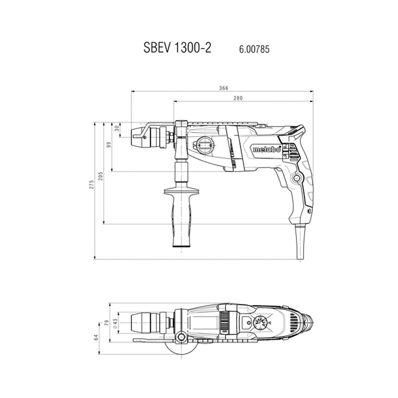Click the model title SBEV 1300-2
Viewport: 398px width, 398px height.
177,48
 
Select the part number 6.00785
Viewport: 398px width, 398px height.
254,49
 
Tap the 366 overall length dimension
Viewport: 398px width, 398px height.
224,88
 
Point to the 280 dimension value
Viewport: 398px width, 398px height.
238,98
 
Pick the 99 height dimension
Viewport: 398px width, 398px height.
109,145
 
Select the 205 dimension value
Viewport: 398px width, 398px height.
100,176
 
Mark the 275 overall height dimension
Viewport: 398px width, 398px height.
92,184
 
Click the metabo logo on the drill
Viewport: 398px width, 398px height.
266,149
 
